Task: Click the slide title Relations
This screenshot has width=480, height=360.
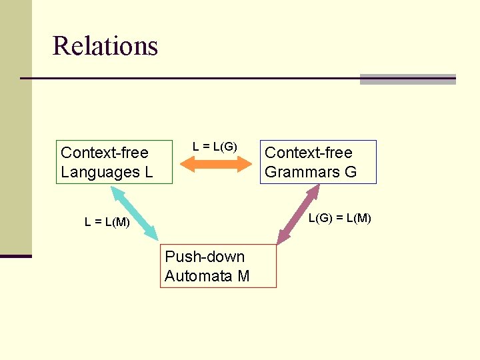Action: click(x=105, y=46)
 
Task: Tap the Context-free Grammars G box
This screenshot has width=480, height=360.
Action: click(x=318, y=162)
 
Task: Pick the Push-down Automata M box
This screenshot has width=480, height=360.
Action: click(x=218, y=266)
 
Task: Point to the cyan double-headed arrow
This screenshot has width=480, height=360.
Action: click(x=135, y=213)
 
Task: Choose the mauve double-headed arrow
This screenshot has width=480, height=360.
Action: click(x=297, y=213)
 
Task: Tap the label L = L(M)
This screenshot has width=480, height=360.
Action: click(x=107, y=222)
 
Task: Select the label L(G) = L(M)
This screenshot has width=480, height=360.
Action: click(x=339, y=218)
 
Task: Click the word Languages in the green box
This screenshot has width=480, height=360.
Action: click(x=100, y=172)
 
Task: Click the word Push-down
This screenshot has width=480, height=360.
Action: click(x=205, y=257)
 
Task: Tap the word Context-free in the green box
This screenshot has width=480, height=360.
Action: click(x=105, y=153)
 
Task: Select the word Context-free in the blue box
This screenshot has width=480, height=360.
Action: click(x=309, y=153)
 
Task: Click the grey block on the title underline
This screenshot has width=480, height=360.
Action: click(x=407, y=79)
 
